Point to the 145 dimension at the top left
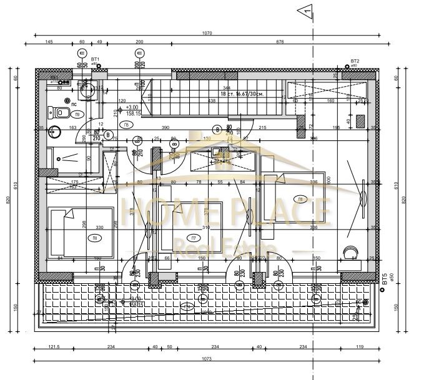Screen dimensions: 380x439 49,42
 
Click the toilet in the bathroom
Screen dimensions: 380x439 61,112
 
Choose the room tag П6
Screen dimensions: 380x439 300,200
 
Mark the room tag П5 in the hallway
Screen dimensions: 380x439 127,125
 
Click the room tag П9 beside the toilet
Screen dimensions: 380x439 77,114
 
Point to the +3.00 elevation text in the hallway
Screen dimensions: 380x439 132,107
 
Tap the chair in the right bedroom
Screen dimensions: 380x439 348,252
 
